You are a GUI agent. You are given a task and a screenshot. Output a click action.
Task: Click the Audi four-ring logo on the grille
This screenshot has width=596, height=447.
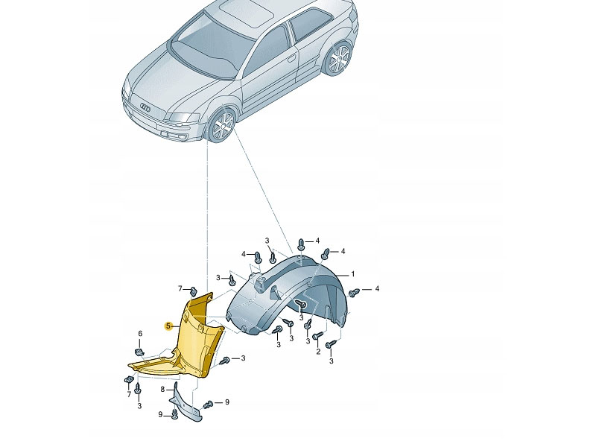[x=145, y=108]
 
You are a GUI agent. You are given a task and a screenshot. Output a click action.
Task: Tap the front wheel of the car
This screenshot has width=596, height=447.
[x=222, y=125]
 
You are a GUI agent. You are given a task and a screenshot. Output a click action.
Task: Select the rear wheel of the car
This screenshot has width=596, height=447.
[x=339, y=59]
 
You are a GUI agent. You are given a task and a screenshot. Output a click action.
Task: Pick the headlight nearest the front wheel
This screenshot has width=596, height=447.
[x=182, y=118]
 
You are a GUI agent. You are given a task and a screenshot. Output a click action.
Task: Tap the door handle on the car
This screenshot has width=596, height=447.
[x=291, y=58]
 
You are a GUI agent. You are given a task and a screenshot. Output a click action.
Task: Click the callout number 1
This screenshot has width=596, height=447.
[x=352, y=274]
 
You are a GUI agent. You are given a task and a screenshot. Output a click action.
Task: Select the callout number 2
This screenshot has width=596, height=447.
[x=318, y=352]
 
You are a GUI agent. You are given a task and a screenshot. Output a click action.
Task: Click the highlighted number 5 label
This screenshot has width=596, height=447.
[x=168, y=326]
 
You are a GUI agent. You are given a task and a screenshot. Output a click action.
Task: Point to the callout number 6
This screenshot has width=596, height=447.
[x=140, y=334]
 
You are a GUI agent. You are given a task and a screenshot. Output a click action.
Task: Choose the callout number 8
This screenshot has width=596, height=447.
[x=162, y=389]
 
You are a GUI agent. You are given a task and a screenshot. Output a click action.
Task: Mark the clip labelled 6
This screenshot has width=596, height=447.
[x=139, y=351]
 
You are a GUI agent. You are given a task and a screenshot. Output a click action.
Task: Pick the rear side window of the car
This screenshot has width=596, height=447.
[x=310, y=24]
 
